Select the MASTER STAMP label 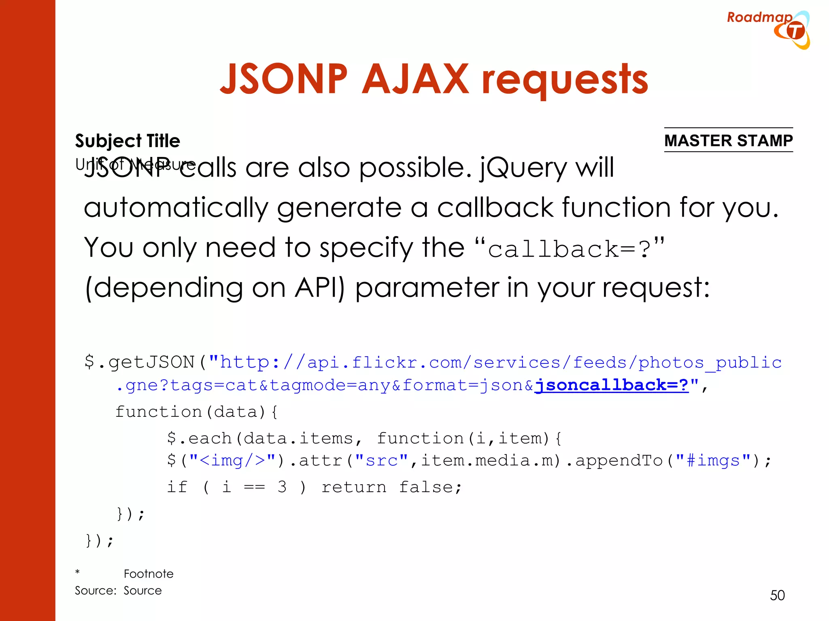[728, 141]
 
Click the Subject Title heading [128, 141]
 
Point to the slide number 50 [777, 595]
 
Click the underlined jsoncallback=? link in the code [612, 385]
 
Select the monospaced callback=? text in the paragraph [569, 249]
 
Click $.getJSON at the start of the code [140, 362]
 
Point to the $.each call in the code [199, 438]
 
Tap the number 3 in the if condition [282, 487]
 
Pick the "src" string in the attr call [381, 460]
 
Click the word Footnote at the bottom [149, 574]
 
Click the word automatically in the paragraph [176, 208]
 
